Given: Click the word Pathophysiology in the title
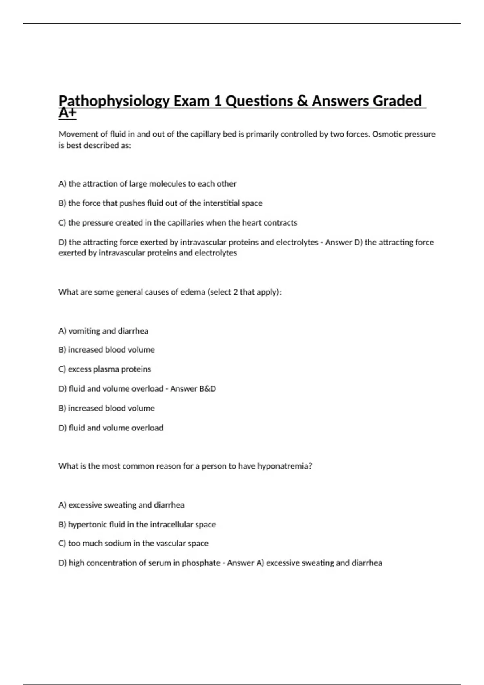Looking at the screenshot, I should [114, 101].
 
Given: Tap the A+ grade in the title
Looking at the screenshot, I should [67, 113].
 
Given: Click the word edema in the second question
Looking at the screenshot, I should [193, 292].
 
